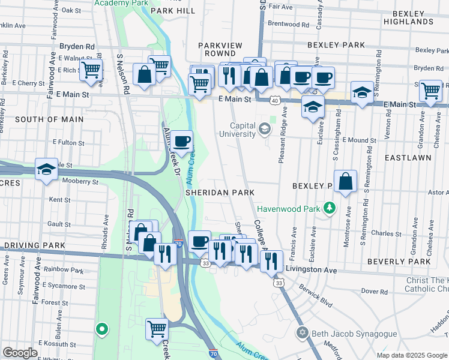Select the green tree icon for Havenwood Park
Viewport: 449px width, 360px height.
point(329,209)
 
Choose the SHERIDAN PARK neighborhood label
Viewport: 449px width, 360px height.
point(220,193)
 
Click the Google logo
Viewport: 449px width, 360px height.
point(20,352)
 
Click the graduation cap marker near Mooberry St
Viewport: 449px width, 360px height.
point(46,170)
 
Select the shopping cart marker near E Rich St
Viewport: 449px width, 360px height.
point(91,70)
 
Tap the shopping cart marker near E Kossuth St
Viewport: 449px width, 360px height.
point(157,328)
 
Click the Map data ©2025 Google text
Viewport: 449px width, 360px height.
point(412,355)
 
